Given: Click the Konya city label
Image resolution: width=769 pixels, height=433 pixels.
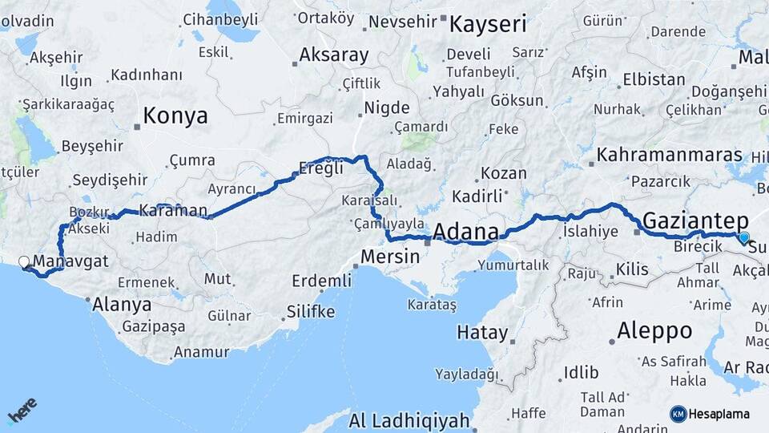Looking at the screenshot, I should pos(175,116).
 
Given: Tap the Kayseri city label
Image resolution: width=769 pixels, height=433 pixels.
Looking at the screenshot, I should pos(487,24).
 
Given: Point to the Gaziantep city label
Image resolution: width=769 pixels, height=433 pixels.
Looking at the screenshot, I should pos(695,221).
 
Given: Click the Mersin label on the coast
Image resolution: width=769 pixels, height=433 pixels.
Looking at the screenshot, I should pos(390,257).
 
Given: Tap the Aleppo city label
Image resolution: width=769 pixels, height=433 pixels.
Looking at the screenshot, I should pos(654,330).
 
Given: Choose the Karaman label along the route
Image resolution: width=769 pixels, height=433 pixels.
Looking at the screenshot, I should pos(173,212).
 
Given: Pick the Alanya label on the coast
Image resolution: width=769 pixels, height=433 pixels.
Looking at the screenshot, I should pos(122,304).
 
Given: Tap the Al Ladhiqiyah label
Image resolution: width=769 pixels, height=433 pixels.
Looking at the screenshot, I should pos(409,419).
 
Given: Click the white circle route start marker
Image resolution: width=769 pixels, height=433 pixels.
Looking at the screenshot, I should pos(24,261).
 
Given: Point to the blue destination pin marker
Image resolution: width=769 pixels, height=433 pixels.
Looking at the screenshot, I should pos(744,237).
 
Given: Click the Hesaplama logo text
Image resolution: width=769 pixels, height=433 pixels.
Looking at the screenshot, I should pos(719,414).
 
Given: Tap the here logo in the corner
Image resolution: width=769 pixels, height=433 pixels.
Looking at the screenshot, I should pos(22,410).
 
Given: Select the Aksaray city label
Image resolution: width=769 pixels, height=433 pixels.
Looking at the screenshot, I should pos(333,55).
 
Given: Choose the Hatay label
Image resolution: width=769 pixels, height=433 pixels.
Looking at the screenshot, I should pos(482,332).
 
